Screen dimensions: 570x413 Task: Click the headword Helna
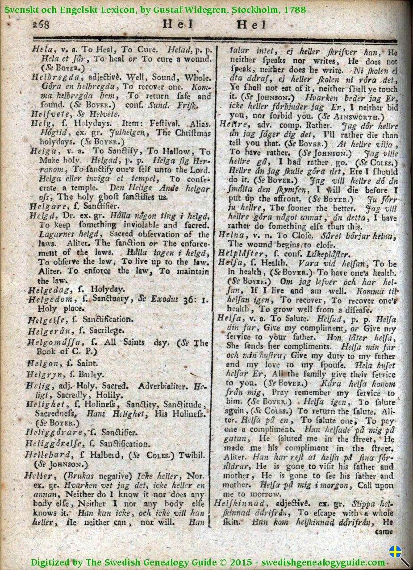point(232,235)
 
